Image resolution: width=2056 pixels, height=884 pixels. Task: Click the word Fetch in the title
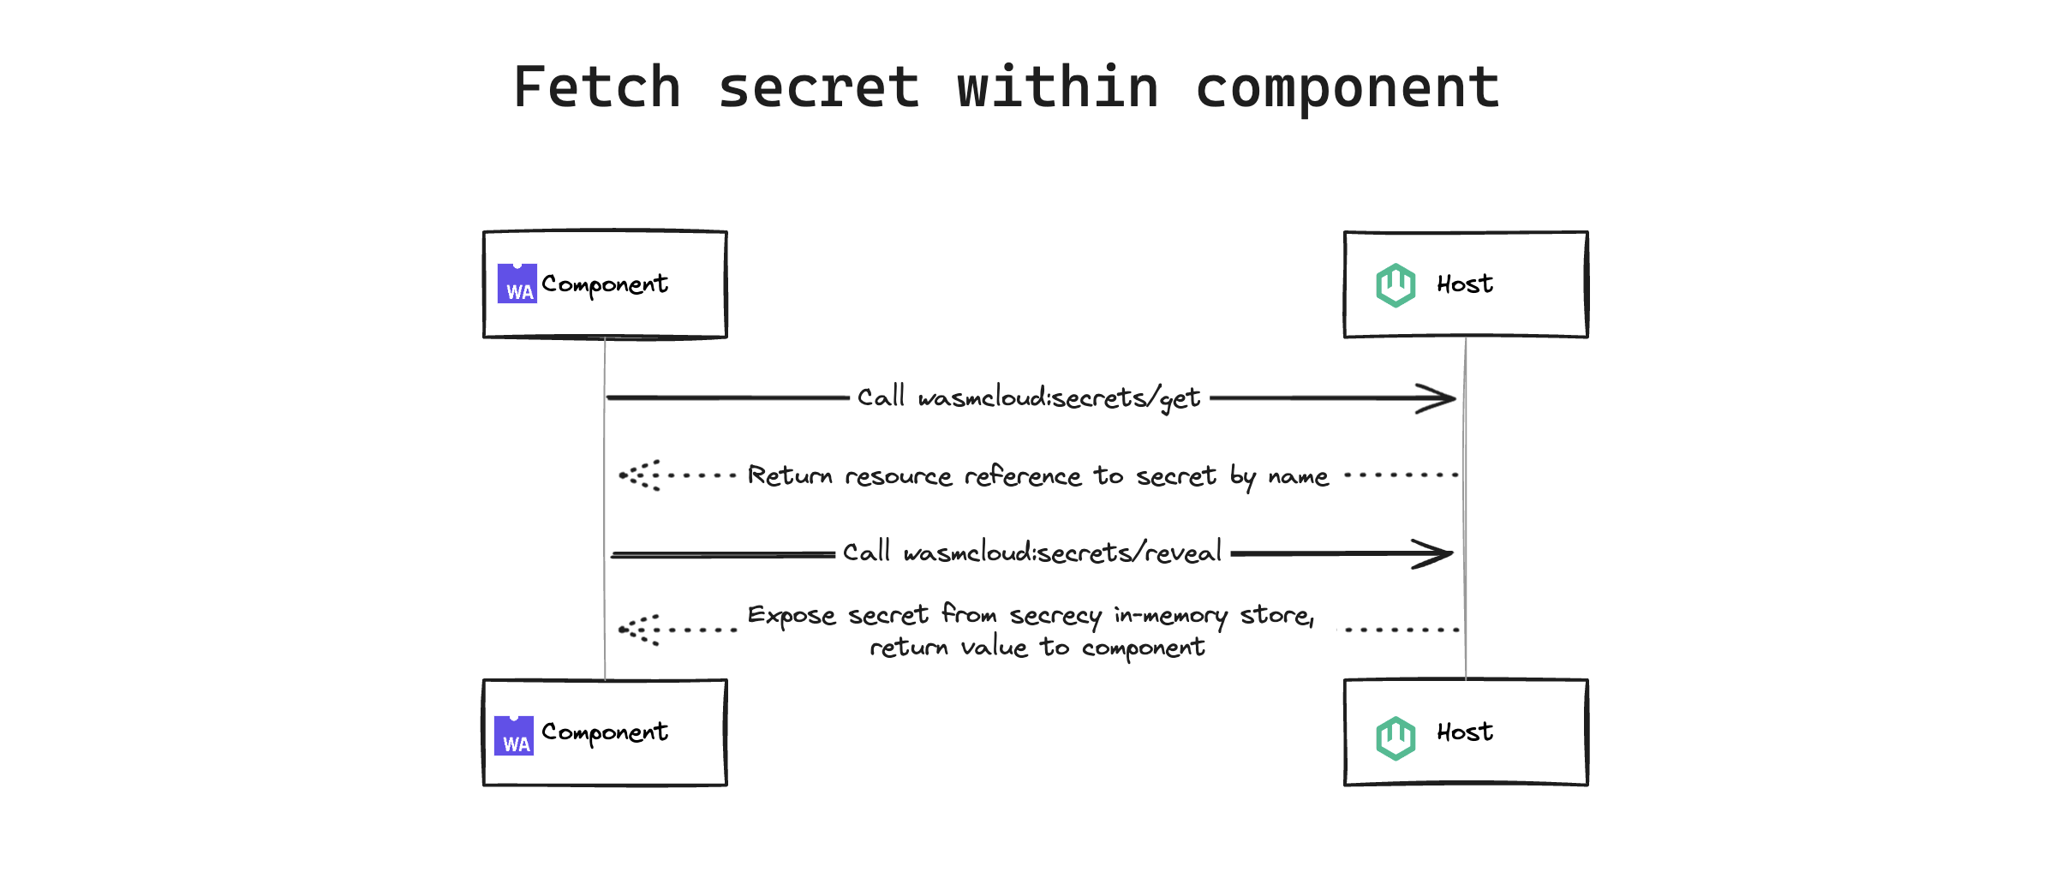pyautogui.click(x=597, y=87)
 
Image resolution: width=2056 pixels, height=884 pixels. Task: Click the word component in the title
pyautogui.click(x=1347, y=87)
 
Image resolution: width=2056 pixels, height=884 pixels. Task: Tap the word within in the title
pyautogui.click(x=1058, y=87)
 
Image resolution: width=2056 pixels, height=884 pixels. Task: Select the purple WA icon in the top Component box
pyautogui.click(x=517, y=284)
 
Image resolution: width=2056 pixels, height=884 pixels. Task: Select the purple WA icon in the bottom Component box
pyautogui.click(x=514, y=736)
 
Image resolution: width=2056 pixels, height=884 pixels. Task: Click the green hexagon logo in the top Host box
pyautogui.click(x=1396, y=285)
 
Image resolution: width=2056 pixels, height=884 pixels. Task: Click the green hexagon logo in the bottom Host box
pyautogui.click(x=1396, y=738)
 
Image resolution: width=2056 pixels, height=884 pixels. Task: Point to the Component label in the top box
pyautogui.click(x=605, y=284)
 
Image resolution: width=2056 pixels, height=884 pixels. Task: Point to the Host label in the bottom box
pyautogui.click(x=1465, y=732)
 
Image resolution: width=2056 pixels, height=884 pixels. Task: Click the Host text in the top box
pyautogui.click(x=1465, y=284)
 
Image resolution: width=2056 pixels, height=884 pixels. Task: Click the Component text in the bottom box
pyautogui.click(x=605, y=732)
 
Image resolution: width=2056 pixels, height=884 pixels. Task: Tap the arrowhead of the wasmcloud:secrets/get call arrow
pyautogui.click(x=1439, y=398)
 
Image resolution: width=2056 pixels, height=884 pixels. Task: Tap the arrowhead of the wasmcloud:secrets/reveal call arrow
pyautogui.click(x=1436, y=554)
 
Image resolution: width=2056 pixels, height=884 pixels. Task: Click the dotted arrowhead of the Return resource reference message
pyautogui.click(x=639, y=475)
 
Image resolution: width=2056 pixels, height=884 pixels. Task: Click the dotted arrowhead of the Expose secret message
pyautogui.click(x=639, y=630)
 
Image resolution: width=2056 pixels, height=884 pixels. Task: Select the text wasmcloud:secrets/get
pyautogui.click(x=1059, y=398)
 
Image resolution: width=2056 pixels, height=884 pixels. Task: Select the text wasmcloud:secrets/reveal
pyautogui.click(x=1062, y=553)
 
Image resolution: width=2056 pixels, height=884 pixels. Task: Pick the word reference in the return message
pyautogui.click(x=1023, y=476)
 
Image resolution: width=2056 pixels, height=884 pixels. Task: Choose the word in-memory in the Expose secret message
pyautogui.click(x=1170, y=616)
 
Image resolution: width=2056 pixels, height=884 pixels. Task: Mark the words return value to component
pyautogui.click(x=1037, y=648)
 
